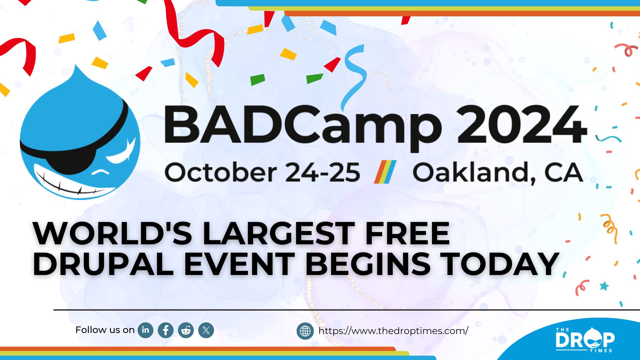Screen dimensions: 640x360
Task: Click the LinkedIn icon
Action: point(146,330)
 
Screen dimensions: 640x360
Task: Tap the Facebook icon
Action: point(166,330)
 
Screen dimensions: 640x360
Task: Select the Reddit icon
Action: point(186,330)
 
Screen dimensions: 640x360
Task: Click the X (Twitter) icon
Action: point(206,330)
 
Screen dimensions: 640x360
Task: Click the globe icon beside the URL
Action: point(305,331)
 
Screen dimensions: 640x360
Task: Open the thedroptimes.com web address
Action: point(393,331)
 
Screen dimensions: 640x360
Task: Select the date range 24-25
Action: point(323,172)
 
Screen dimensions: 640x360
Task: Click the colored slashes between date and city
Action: point(385,172)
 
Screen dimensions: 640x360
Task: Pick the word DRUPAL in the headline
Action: point(103,264)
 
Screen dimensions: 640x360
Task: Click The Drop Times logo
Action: point(585,339)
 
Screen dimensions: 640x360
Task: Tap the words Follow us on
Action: point(105,330)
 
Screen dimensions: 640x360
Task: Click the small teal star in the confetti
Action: point(604,286)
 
